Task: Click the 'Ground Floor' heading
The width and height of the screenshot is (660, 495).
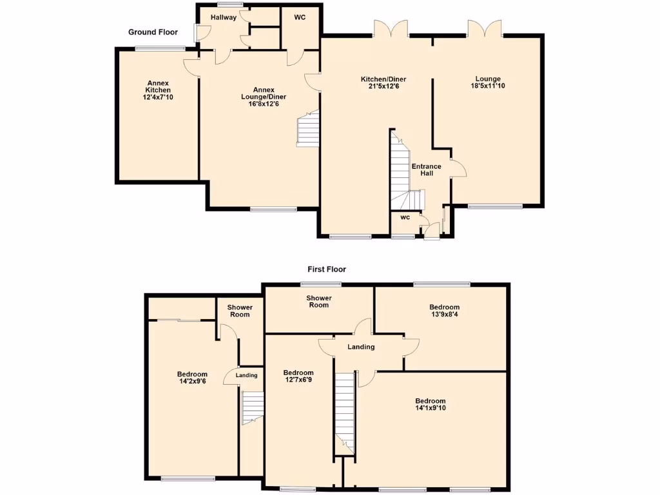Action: tap(152, 32)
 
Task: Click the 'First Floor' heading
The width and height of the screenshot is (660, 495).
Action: tap(327, 269)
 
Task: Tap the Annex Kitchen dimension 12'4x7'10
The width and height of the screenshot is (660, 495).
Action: tap(158, 97)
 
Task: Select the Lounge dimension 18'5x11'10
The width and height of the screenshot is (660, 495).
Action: tap(487, 86)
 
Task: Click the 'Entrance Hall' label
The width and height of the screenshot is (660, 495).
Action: tap(427, 170)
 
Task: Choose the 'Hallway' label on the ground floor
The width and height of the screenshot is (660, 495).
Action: tap(224, 17)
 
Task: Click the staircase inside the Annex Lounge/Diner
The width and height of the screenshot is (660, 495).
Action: tap(308, 129)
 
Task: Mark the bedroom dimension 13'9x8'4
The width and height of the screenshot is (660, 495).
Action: tap(445, 315)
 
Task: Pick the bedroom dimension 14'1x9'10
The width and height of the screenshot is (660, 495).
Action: tap(430, 409)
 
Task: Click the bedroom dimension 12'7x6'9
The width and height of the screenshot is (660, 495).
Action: tap(298, 380)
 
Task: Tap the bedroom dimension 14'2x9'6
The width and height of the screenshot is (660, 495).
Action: tap(193, 382)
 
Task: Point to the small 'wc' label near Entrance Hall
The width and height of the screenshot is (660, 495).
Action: tap(405, 217)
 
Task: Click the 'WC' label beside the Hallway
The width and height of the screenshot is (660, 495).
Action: tap(300, 17)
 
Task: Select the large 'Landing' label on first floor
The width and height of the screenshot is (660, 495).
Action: tap(361, 347)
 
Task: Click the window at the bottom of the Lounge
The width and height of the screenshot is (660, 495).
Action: tap(495, 206)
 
